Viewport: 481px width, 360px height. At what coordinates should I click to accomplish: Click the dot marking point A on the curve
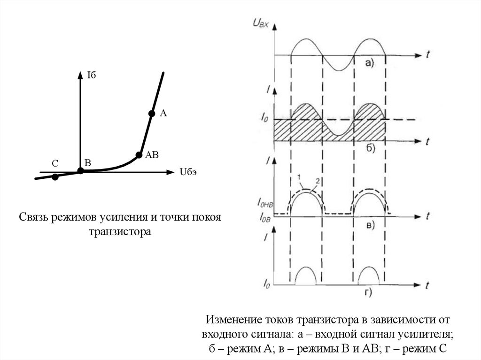(152, 113)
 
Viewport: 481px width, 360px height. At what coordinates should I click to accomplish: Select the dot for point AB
(139, 154)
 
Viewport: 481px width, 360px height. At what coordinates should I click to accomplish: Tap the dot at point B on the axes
(81, 171)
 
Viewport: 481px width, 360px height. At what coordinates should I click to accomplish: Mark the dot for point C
(55, 177)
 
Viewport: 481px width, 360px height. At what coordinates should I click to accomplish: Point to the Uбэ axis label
(187, 172)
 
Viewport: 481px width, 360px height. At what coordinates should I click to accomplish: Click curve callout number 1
(298, 176)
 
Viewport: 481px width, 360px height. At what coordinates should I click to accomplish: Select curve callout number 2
(317, 180)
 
